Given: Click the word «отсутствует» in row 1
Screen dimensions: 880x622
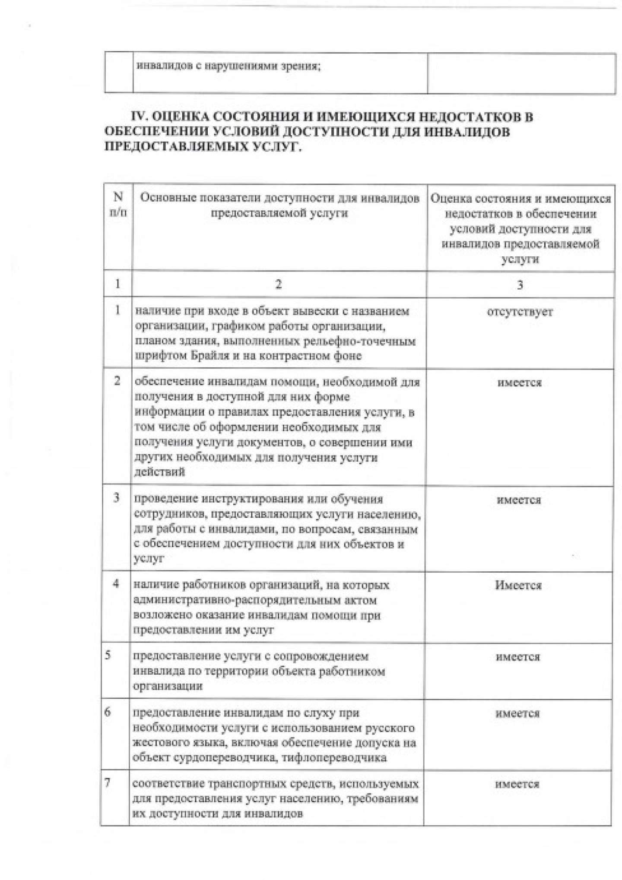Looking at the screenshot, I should (520, 312).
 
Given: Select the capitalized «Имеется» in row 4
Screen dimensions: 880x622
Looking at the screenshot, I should (518, 586).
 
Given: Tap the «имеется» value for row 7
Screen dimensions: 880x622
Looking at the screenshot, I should (517, 784).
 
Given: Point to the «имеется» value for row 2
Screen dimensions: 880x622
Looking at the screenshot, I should (520, 383).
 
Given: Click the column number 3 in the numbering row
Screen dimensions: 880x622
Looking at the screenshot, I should (520, 285).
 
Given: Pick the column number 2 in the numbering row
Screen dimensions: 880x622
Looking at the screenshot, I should (279, 284).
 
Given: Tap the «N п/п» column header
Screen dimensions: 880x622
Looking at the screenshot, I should (117, 205).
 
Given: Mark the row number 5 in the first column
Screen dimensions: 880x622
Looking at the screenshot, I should (108, 656).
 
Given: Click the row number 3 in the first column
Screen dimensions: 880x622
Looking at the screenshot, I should (116, 497).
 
